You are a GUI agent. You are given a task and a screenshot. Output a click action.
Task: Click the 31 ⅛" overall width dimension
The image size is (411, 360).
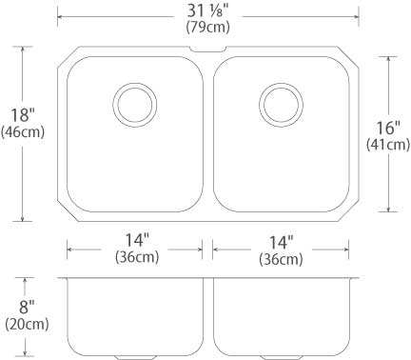pos(207,10)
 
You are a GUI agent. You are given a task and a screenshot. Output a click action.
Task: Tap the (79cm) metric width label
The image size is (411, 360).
pos(207,27)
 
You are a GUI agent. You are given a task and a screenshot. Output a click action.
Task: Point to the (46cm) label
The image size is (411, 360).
pos(23,132)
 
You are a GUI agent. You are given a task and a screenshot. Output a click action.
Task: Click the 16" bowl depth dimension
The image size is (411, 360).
pos(388,128)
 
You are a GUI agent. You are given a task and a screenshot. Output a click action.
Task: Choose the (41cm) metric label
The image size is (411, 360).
pos(388,145)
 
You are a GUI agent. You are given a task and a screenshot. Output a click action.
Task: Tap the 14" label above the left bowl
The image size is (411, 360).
pos(137,240)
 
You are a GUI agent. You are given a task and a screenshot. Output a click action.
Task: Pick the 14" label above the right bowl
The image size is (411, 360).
pos(282,243)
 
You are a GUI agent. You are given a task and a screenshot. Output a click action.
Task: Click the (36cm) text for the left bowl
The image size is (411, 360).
pos(137,257)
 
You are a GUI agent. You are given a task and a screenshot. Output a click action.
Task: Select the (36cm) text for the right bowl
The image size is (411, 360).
pos(281,259)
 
